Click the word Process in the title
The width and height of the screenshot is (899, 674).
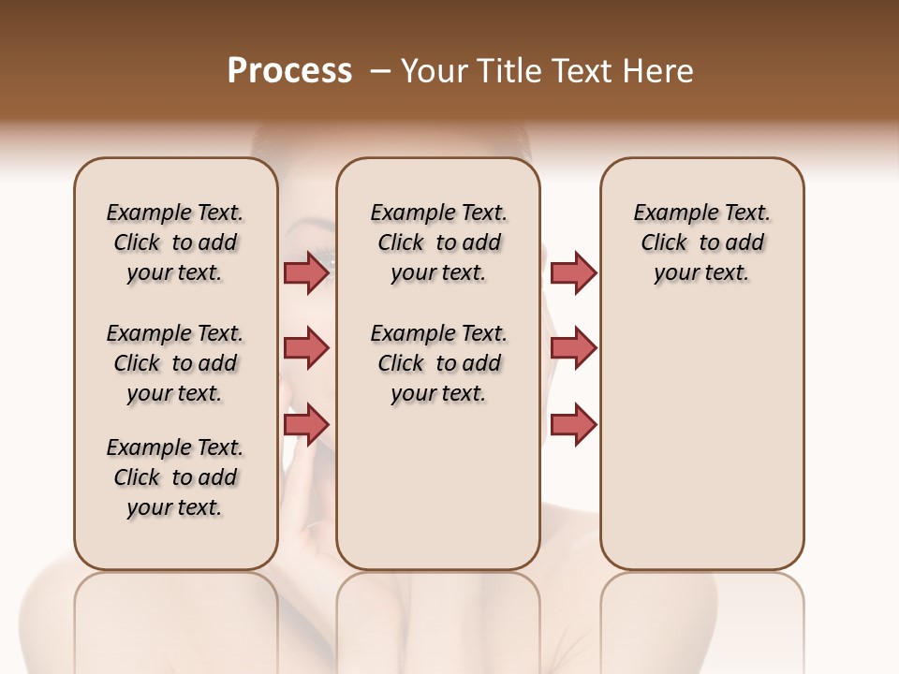[x=289, y=71]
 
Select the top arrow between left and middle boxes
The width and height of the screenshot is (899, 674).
[x=306, y=272]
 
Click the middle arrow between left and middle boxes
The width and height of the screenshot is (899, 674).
[x=306, y=348]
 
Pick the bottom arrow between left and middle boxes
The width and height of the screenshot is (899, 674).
[x=306, y=424]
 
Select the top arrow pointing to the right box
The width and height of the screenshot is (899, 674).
[x=573, y=272]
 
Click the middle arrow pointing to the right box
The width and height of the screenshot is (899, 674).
[x=573, y=348]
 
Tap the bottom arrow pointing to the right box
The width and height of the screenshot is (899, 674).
[x=573, y=424]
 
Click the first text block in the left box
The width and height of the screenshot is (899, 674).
[x=175, y=242]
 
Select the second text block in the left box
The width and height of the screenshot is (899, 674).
[x=175, y=363]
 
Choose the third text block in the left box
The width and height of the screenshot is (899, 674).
[x=175, y=477]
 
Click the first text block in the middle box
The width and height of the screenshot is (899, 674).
[x=438, y=242]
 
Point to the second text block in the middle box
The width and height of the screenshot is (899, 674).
[x=438, y=363]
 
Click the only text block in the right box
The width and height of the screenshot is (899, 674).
[x=701, y=242]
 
